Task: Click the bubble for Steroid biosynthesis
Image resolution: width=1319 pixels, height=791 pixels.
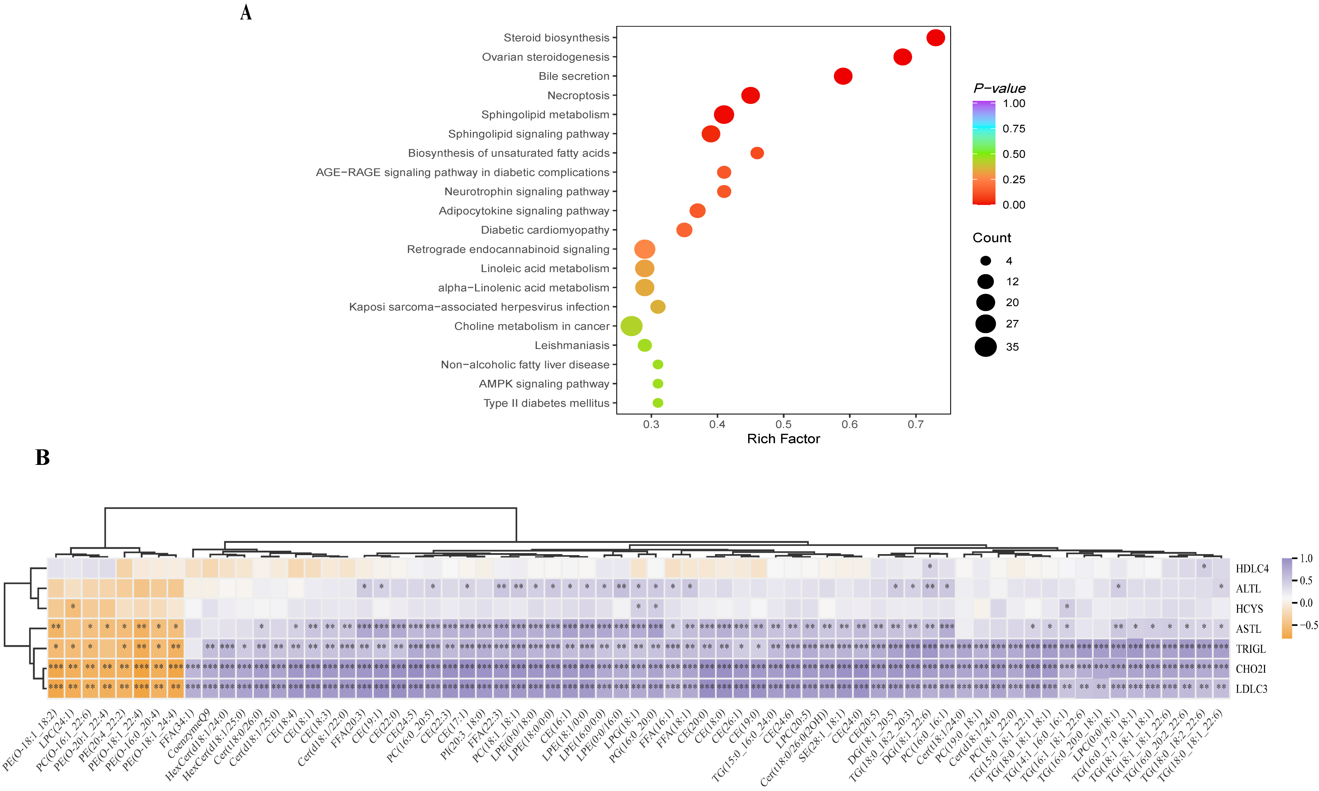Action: point(935,38)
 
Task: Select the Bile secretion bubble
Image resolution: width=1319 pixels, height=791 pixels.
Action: point(843,76)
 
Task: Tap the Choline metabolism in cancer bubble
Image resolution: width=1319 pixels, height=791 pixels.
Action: point(631,326)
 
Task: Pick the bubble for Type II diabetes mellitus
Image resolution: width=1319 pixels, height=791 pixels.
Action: point(658,403)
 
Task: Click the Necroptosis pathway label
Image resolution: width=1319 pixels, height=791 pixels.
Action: point(578,95)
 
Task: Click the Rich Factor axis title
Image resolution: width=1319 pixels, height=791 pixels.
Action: point(783,439)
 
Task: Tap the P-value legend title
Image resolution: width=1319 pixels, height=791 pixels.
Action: point(999,89)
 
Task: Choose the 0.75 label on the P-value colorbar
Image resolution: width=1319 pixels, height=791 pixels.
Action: point(1013,129)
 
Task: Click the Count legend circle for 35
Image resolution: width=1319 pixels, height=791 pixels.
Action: point(986,347)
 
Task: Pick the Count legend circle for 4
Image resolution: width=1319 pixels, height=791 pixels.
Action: point(986,260)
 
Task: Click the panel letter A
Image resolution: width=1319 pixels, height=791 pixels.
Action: point(246,12)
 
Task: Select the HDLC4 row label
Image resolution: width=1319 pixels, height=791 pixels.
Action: point(1252,569)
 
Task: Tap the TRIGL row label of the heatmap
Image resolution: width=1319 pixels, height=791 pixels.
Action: point(1250,649)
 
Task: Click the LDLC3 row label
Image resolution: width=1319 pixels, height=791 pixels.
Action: point(1251,689)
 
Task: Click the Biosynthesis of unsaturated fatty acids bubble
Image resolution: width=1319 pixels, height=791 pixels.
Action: point(757,153)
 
